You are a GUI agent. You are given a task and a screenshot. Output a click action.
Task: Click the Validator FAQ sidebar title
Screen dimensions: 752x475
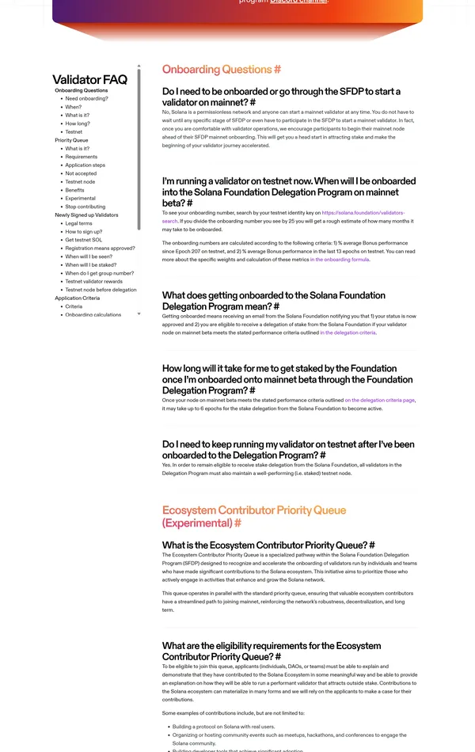(89, 79)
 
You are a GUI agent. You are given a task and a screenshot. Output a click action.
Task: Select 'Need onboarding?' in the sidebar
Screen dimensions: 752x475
(86, 99)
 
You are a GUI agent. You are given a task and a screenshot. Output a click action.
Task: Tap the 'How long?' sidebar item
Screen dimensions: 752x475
(78, 123)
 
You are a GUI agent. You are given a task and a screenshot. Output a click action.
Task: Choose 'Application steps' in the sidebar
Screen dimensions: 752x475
(85, 165)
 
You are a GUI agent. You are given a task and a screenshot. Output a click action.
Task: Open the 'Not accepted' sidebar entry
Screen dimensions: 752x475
(81, 173)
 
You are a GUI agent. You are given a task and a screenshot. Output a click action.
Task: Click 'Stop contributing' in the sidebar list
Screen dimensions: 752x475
(85, 207)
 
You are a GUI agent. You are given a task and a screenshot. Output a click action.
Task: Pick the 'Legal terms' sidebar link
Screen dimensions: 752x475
(78, 223)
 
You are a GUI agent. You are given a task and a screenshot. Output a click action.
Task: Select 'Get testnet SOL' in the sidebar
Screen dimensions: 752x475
(83, 240)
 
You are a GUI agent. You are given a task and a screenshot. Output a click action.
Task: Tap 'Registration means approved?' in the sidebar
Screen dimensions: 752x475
(100, 249)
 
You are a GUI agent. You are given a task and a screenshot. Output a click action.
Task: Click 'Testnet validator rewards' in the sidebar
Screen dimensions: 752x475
(93, 282)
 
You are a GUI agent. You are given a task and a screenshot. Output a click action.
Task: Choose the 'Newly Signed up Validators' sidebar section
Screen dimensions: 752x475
(86, 215)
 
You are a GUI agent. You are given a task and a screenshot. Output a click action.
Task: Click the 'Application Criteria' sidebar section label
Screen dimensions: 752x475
(77, 298)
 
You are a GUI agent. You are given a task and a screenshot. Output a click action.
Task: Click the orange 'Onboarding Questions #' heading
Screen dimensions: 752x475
(222, 70)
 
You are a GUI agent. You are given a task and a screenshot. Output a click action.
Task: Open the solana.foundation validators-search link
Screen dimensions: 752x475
(363, 213)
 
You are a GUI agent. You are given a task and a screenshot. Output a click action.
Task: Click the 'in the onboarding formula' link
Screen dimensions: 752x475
(339, 259)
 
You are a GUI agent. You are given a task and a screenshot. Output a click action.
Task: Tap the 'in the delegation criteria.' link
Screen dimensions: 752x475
(348, 332)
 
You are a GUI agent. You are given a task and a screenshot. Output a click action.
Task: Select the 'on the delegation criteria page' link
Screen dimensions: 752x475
(379, 401)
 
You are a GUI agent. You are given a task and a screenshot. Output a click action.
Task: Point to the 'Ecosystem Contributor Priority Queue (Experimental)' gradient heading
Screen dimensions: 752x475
(253, 516)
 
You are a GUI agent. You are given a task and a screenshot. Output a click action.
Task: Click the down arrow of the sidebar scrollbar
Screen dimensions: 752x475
(139, 313)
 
